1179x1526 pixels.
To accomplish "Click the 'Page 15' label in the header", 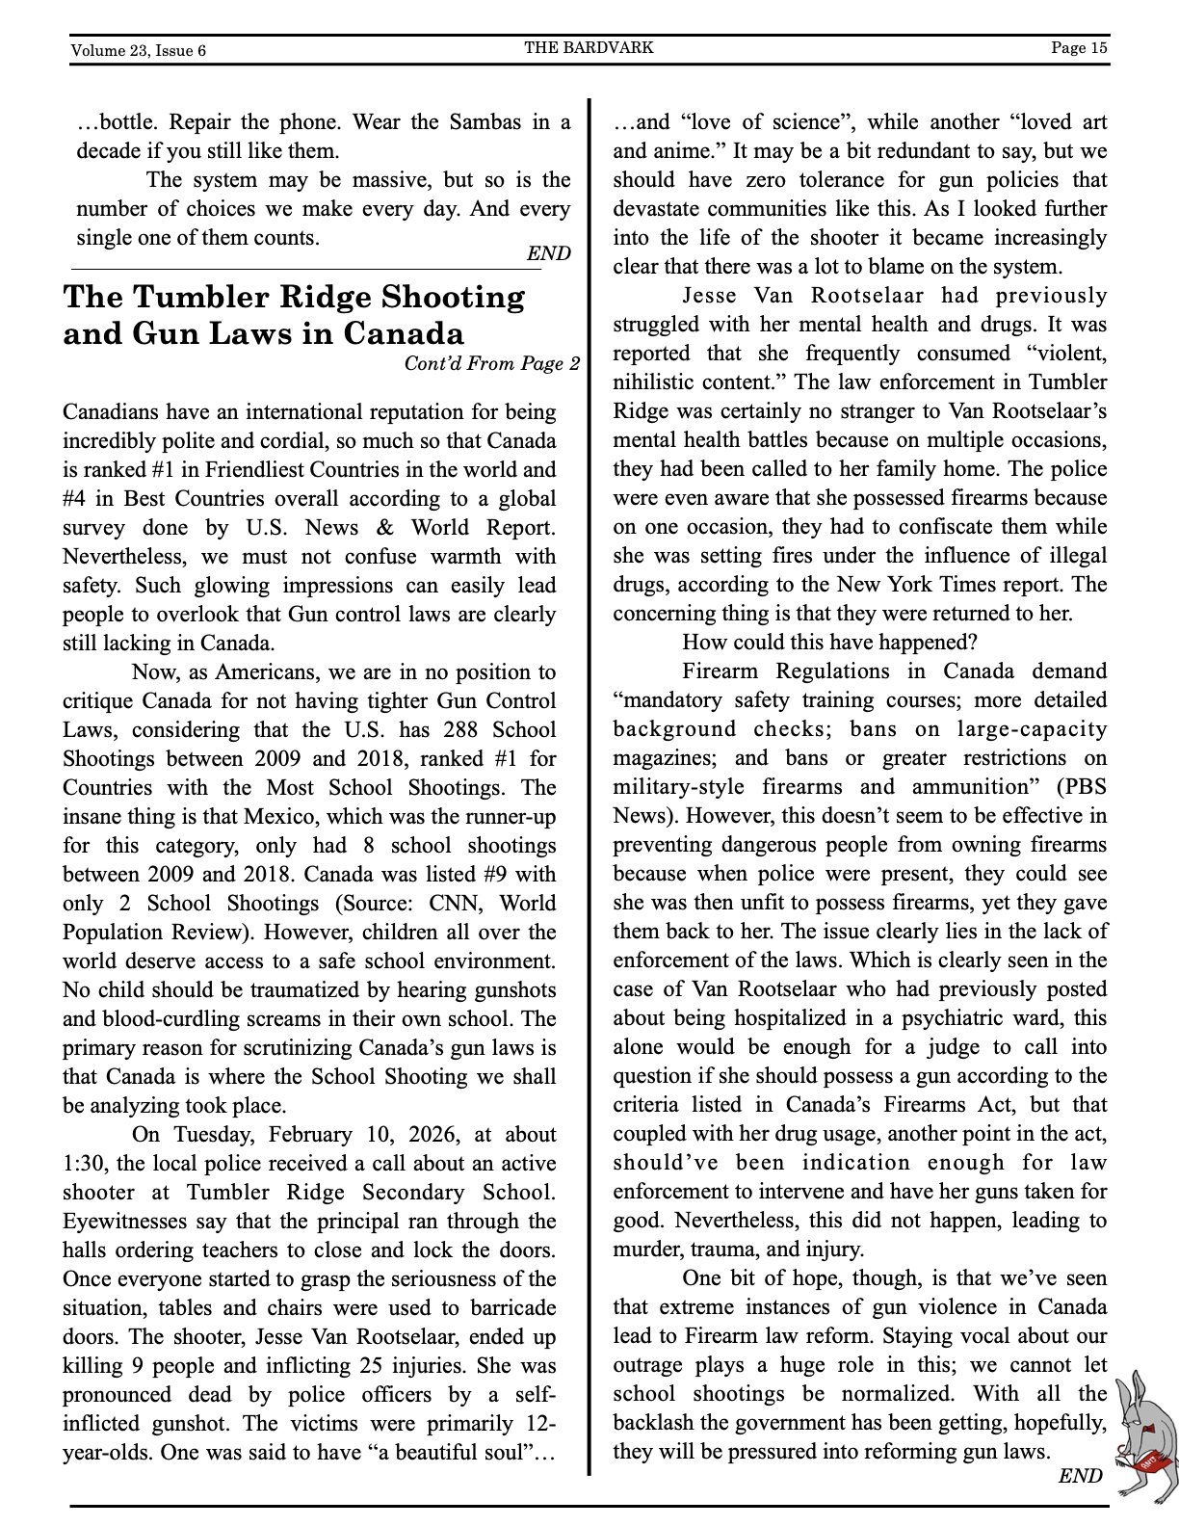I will point(1079,48).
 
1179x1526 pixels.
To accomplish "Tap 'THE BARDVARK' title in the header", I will point(589,47).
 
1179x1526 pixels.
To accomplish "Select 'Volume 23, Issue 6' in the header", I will point(138,50).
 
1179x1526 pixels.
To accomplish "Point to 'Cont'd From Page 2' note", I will point(491,363).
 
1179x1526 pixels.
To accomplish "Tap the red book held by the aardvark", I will point(1152,1463).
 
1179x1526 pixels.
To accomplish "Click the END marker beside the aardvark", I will point(1080,1476).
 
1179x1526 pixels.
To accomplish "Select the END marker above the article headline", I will point(548,253).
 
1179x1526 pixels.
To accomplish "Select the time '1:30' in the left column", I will point(86,1163).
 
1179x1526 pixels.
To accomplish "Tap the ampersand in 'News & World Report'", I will point(385,527).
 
